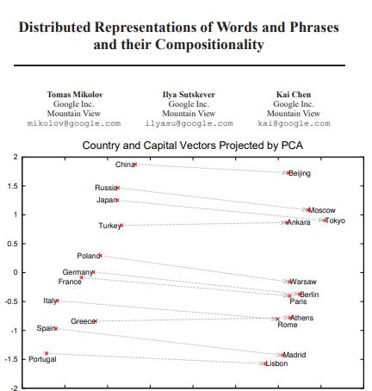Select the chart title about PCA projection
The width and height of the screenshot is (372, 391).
192,146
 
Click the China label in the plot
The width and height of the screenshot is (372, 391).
125,164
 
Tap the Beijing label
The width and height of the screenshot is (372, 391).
299,173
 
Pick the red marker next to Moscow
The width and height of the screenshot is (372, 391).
308,209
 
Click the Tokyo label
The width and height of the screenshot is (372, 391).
334,220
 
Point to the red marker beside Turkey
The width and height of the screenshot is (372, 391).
121,226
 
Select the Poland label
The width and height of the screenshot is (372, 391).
88,256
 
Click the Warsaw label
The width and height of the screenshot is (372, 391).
303,282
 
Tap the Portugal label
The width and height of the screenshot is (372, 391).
42,359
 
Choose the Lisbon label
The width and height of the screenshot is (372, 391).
276,363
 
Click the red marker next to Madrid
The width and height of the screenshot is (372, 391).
282,355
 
